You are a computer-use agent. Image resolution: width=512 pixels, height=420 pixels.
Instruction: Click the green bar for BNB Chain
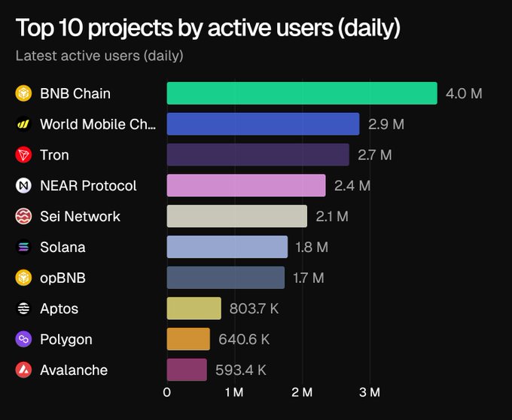[x=301, y=93]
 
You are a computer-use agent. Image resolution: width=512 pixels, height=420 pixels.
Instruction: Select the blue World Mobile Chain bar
[x=263, y=124]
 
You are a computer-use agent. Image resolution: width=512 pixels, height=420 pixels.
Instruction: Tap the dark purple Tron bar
[x=258, y=155]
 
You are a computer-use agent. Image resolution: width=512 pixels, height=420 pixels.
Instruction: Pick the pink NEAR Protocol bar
[x=245, y=185]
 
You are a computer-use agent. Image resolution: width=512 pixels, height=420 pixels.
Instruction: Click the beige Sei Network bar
[x=236, y=216]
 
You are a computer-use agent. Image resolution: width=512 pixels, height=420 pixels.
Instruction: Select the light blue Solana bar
[x=227, y=247]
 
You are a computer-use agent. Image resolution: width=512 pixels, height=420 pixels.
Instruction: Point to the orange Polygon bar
[x=188, y=339]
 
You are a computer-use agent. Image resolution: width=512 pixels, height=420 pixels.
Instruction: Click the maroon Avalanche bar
[x=186, y=370]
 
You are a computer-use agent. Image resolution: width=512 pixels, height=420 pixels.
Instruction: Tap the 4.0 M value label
[x=464, y=94]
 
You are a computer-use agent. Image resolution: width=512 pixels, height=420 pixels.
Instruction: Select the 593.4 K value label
[x=240, y=370]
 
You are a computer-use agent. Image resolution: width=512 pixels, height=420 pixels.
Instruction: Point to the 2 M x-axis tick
[x=302, y=392]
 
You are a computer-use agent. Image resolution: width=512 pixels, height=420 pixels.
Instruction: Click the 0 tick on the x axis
[x=167, y=392]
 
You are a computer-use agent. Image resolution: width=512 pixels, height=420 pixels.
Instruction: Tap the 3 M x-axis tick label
[x=370, y=392]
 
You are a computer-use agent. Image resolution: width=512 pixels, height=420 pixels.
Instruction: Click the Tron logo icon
[x=23, y=155]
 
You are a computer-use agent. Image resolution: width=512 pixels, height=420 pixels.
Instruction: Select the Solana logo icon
[x=23, y=247]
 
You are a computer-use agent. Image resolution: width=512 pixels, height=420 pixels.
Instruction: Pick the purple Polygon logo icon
[x=23, y=339]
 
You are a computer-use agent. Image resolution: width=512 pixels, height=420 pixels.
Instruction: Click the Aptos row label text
[x=59, y=309]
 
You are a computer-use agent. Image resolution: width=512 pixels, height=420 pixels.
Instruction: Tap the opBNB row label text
[x=62, y=278]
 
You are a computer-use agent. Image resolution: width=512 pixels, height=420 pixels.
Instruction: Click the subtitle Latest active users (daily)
[x=99, y=56]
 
